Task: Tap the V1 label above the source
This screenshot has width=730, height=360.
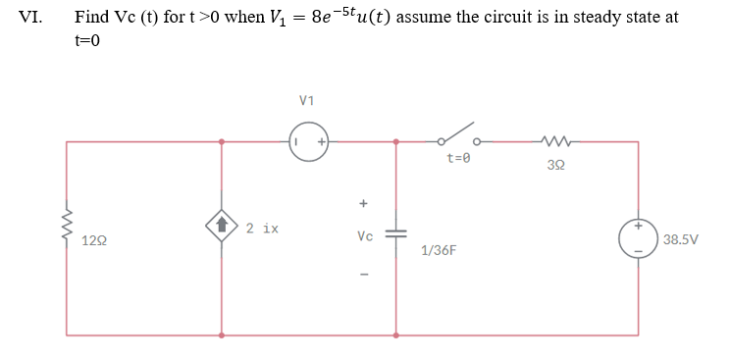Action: [x=307, y=100]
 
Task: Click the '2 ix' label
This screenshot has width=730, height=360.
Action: [x=262, y=229]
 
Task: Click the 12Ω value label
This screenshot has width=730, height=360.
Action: [x=95, y=240]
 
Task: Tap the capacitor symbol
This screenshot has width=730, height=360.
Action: [x=396, y=236]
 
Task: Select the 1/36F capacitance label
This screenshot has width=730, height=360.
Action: [x=438, y=251]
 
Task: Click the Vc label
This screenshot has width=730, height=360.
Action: [x=365, y=236]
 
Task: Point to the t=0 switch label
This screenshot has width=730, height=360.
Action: [x=459, y=157]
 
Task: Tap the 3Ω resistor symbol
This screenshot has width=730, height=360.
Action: [x=555, y=141]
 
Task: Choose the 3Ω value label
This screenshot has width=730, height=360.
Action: [x=555, y=165]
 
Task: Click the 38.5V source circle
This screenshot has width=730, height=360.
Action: [x=638, y=238]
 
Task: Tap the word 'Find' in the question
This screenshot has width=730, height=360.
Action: [x=91, y=18]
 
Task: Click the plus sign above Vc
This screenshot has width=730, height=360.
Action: [x=363, y=205]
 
